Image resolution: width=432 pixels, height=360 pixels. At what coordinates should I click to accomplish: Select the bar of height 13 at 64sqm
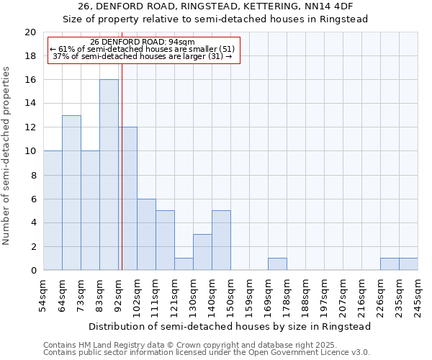[71, 193]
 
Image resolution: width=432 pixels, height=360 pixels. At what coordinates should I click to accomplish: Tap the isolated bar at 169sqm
[277, 264]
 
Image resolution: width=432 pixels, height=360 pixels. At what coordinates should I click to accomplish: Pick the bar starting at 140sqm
[221, 240]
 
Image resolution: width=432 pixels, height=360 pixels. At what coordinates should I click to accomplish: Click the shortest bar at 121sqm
[184, 264]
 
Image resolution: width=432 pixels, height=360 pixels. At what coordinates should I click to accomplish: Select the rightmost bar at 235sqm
[408, 264]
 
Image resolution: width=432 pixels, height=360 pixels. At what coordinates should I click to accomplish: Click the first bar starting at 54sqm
[53, 211]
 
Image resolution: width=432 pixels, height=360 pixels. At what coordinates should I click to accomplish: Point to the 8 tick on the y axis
[33, 175]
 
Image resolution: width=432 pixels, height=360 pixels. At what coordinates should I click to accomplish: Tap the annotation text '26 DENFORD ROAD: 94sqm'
[142, 42]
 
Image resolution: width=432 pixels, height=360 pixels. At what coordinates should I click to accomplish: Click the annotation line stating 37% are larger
[142, 56]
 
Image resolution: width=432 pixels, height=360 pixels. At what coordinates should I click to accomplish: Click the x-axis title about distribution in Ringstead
[230, 326]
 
